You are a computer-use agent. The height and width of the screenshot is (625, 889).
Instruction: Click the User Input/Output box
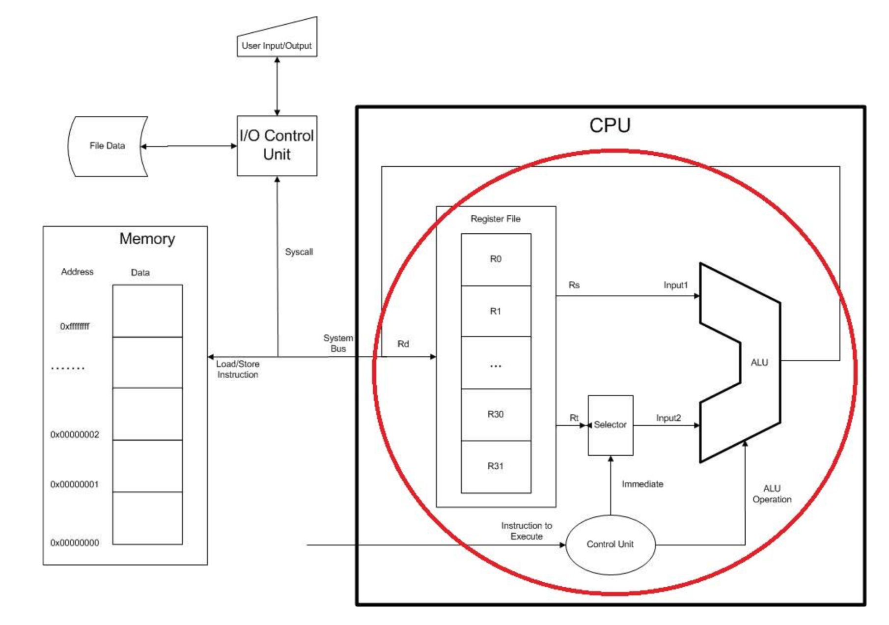pyautogui.click(x=277, y=42)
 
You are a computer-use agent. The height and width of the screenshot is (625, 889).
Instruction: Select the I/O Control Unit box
pyautogui.click(x=277, y=145)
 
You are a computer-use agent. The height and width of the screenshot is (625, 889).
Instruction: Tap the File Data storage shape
pyautogui.click(x=107, y=146)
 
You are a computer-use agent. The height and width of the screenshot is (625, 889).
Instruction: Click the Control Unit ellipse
pyautogui.click(x=610, y=544)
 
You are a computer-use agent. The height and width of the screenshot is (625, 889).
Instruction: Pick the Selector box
pyautogui.click(x=611, y=425)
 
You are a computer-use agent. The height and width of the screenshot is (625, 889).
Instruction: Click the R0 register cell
pyautogui.click(x=496, y=259)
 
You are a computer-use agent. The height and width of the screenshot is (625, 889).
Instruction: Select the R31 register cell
pyautogui.click(x=496, y=466)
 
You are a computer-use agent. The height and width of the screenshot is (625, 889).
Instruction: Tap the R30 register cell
pyautogui.click(x=496, y=414)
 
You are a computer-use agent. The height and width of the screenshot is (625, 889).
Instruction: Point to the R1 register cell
pyautogui.click(x=496, y=312)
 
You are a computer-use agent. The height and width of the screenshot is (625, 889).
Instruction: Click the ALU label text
pyautogui.click(x=759, y=363)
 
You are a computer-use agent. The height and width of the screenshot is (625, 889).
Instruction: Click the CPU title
pyautogui.click(x=610, y=126)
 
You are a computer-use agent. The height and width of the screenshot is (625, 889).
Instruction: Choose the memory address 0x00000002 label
pyautogui.click(x=75, y=435)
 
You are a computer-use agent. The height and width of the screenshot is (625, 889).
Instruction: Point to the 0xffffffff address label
pyautogui.click(x=75, y=326)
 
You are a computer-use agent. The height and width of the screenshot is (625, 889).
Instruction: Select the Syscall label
pyautogui.click(x=299, y=252)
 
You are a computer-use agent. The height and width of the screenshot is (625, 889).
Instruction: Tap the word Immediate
pyautogui.click(x=642, y=484)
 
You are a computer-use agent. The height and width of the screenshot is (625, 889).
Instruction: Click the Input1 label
pyautogui.click(x=676, y=285)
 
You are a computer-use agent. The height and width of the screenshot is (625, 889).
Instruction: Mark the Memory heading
pyautogui.click(x=147, y=239)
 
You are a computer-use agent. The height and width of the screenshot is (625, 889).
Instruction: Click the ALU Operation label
pyautogui.click(x=772, y=494)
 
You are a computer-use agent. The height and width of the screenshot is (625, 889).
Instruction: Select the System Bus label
pyautogui.click(x=338, y=343)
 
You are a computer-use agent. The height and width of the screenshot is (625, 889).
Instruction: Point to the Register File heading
pyautogui.click(x=495, y=219)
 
